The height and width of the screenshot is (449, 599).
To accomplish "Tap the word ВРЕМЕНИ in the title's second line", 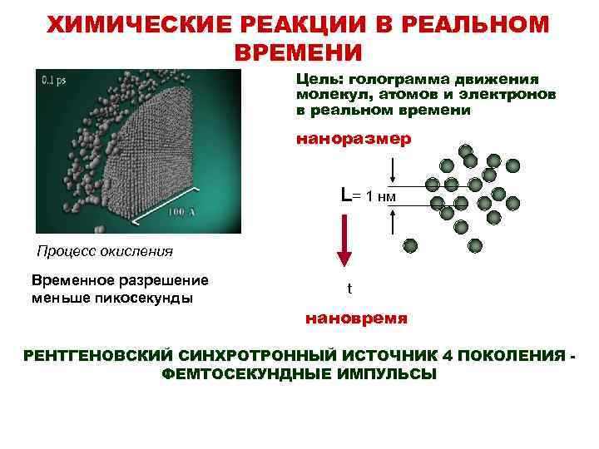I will point(299,52).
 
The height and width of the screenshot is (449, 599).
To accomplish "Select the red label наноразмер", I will point(354,139).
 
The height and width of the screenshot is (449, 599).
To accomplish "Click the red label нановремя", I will point(356,318).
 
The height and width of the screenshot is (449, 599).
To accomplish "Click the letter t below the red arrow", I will point(349,289).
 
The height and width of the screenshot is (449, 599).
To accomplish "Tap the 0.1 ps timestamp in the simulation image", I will point(57,80).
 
